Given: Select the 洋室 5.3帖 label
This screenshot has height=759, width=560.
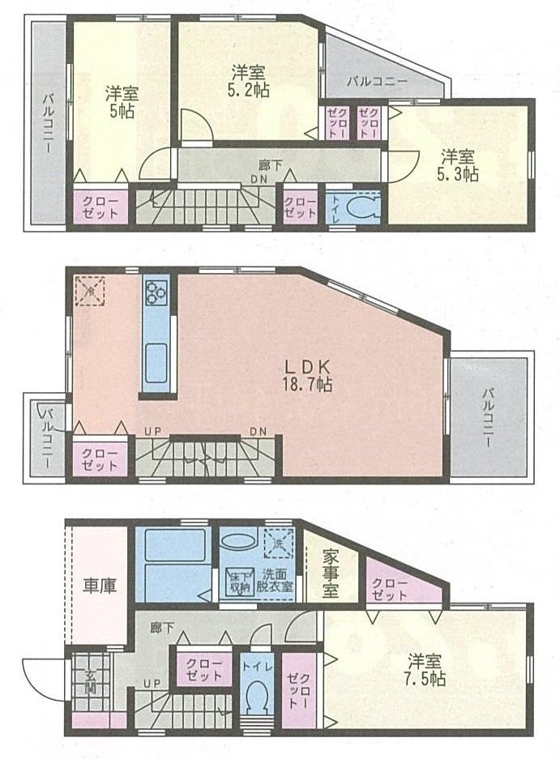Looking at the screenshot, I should [x=460, y=164].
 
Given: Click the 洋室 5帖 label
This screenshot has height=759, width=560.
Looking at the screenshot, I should [x=122, y=100].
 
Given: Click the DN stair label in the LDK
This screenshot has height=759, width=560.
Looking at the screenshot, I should [x=259, y=431].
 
